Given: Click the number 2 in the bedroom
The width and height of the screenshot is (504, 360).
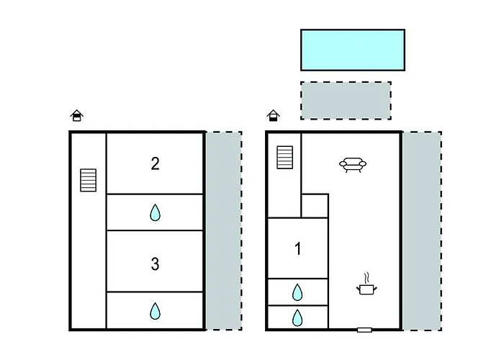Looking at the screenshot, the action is tap(156, 163).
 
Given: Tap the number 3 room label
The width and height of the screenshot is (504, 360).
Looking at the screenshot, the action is tap(156, 264).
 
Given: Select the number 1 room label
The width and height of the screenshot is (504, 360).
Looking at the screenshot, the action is tap(298, 248).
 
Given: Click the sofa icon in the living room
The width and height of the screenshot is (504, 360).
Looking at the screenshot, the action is tap(353, 165).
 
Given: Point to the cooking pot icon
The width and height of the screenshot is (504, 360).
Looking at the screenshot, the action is tap(366, 289).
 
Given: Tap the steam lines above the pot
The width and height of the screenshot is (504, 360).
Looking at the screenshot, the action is tap(367, 278).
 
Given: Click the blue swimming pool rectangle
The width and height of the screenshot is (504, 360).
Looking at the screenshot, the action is tap(353, 50).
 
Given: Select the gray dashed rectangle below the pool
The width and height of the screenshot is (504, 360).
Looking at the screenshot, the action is tap(346, 101).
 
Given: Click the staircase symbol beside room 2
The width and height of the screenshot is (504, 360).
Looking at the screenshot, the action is tap(88, 180).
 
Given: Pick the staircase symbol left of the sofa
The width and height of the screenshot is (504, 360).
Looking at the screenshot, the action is tap(285, 157).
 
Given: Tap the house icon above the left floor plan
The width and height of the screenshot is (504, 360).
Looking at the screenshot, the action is tap(77, 115).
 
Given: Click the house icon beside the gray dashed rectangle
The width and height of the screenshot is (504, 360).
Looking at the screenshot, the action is tap(273, 115).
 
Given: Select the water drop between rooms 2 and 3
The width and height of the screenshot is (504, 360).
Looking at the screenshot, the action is tap(156, 212).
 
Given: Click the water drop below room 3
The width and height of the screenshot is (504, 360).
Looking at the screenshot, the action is tap(156, 311).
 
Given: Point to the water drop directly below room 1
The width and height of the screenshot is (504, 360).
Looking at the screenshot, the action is tap(297, 292).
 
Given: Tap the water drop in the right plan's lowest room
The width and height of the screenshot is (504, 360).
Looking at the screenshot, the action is tap(297, 318).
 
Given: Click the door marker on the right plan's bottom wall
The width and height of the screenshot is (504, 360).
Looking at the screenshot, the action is tap(364, 330).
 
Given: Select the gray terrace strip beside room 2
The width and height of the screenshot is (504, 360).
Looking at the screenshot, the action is tap(224, 230).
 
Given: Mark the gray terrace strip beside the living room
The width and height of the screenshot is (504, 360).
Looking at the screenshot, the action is tap(423, 230).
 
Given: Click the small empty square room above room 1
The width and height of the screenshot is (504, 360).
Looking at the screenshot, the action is tap(315, 206).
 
